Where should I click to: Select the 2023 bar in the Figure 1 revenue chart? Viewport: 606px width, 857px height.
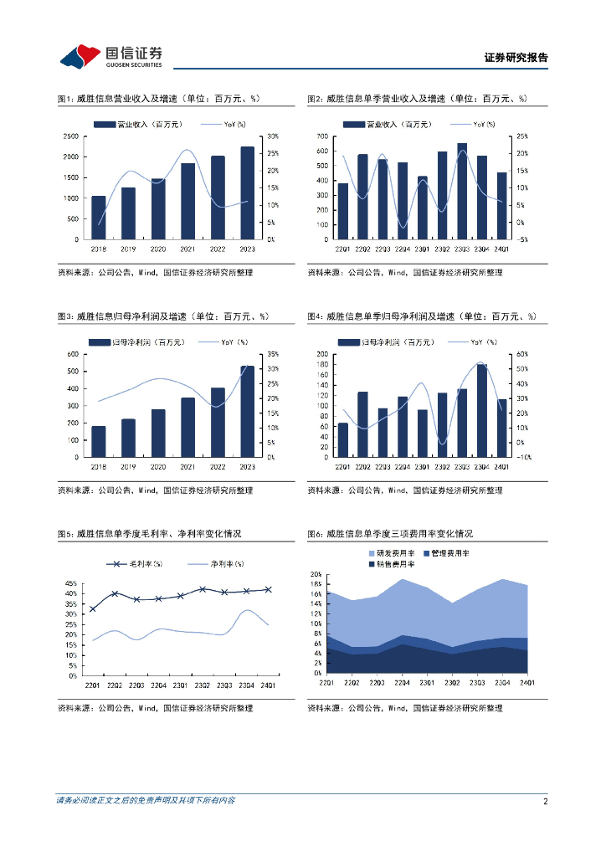click(247, 193)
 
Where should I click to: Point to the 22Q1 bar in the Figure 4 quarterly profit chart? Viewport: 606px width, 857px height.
click(342, 440)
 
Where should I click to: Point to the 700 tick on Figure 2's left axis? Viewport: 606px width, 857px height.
click(321, 136)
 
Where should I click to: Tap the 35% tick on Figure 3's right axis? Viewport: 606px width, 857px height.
click(273, 354)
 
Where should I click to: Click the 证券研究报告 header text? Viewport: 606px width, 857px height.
click(516, 58)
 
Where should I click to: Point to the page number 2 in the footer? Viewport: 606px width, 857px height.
click(546, 801)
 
